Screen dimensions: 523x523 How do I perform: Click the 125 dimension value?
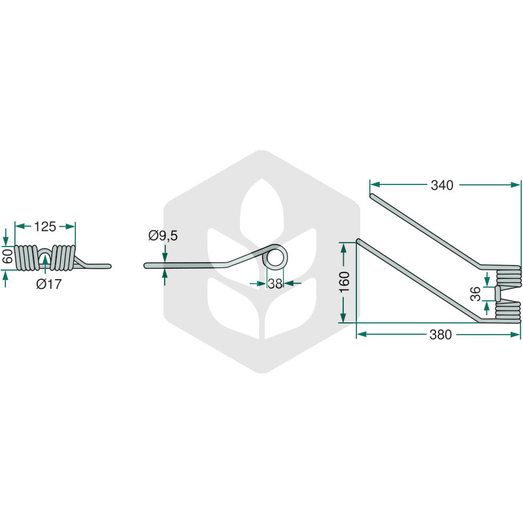click(x=45, y=227)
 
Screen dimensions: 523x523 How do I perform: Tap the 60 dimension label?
click(x=7, y=256)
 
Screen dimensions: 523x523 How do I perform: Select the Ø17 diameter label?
click(x=49, y=284)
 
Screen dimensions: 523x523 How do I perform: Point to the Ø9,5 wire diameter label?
click(x=163, y=236)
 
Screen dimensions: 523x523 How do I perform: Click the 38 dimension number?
click(x=275, y=284)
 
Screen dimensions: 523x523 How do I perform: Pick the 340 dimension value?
click(x=442, y=185)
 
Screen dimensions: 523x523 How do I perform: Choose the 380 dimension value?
click(x=441, y=335)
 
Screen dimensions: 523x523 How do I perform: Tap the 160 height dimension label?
click(x=345, y=282)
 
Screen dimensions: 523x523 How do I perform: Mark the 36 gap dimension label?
click(x=475, y=294)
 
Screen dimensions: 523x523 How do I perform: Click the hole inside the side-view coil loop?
click(x=275, y=259)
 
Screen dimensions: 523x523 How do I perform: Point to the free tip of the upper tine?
click(x=373, y=195)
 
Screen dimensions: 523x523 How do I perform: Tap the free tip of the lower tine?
click(x=358, y=241)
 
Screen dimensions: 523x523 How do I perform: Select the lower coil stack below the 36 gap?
click(x=508, y=312)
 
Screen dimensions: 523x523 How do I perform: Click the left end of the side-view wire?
click(x=145, y=266)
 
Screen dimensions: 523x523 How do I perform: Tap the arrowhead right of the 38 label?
click(x=289, y=284)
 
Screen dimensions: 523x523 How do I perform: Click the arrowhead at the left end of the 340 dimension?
click(x=375, y=184)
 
